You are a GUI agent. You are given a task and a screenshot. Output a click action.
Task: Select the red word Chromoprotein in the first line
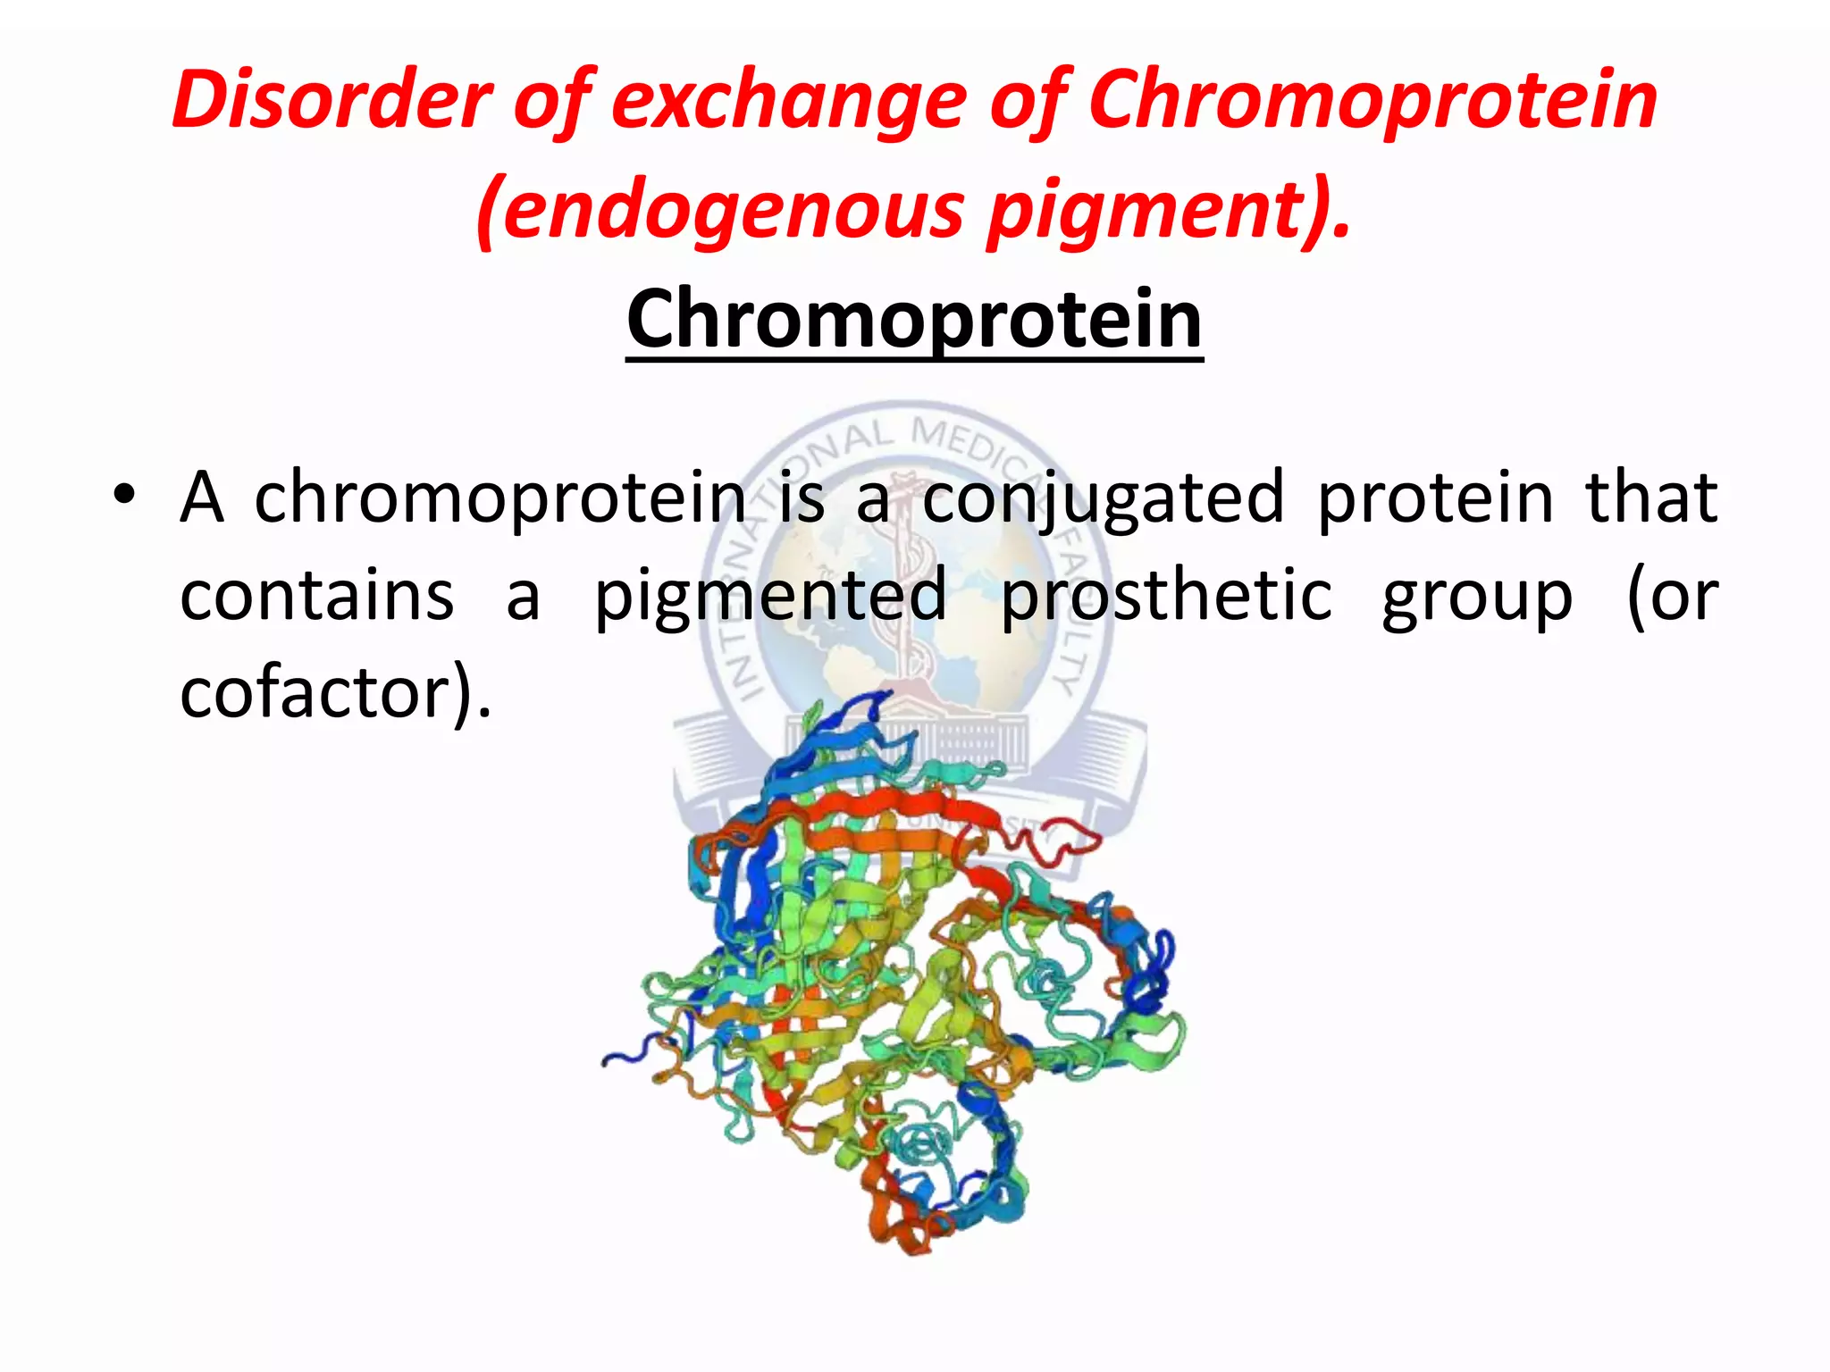(1372, 99)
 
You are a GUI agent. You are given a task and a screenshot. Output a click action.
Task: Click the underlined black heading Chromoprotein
(914, 319)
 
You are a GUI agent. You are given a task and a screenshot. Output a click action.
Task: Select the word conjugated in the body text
(1103, 498)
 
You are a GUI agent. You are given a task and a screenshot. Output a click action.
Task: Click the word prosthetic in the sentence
(1166, 596)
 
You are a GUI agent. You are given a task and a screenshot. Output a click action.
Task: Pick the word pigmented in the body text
(770, 596)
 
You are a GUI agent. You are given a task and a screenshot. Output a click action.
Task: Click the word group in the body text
(1476, 596)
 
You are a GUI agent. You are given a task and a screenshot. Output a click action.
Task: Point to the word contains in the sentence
(317, 596)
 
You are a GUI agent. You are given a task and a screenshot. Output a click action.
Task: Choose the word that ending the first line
(1650, 498)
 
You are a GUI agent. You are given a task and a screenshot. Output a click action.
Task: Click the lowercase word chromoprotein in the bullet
(500, 498)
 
